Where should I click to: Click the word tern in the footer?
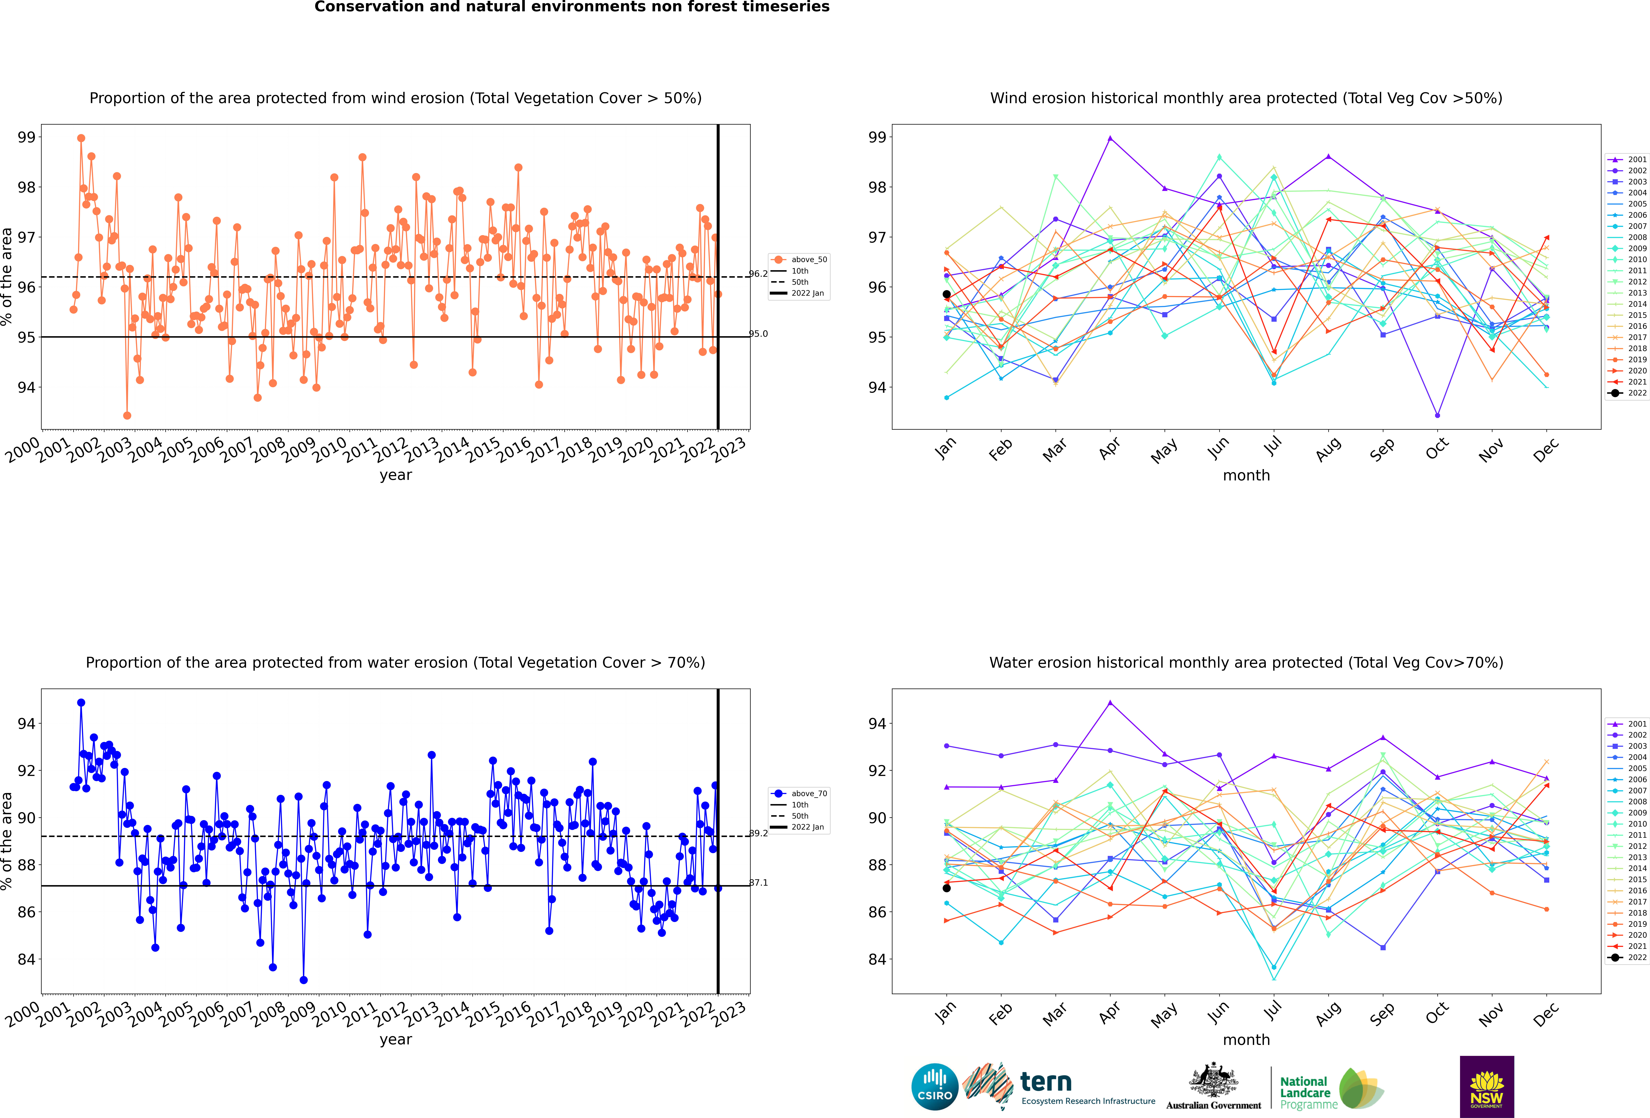click(x=1046, y=1082)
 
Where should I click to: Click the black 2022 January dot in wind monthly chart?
click(x=946, y=294)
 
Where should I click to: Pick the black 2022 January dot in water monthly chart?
click(x=946, y=888)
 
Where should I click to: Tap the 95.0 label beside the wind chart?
click(x=758, y=334)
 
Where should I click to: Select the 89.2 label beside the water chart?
click(x=758, y=833)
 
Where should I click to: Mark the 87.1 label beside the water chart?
click(x=758, y=882)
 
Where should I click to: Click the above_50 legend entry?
click(x=799, y=260)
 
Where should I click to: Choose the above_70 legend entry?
click(x=799, y=794)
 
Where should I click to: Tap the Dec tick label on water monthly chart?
click(x=1546, y=1014)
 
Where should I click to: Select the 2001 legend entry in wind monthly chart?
click(x=1627, y=160)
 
